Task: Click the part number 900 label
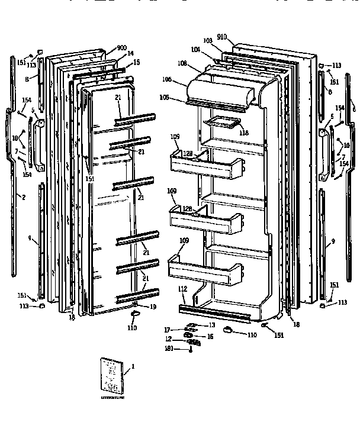click(122, 47)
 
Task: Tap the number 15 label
click(136, 63)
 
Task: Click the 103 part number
click(208, 41)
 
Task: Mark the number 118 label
click(244, 133)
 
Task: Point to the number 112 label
click(183, 289)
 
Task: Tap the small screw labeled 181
click(191, 350)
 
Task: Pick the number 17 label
click(168, 330)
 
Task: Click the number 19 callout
click(153, 307)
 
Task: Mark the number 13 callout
click(212, 325)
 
